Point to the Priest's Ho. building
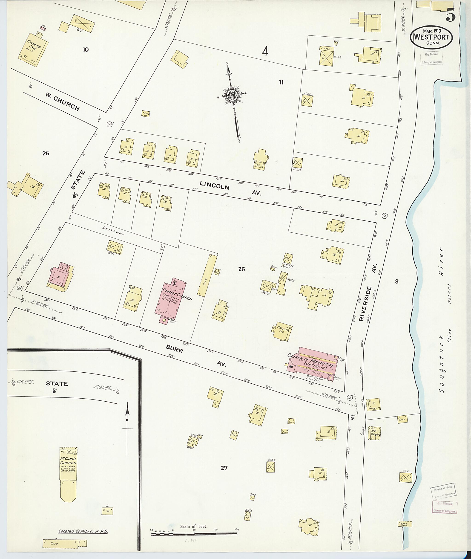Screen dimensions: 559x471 tap(282, 331)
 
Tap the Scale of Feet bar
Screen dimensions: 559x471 tap(194, 534)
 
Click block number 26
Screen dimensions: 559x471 tap(241, 269)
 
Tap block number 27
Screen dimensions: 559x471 tap(224, 468)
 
